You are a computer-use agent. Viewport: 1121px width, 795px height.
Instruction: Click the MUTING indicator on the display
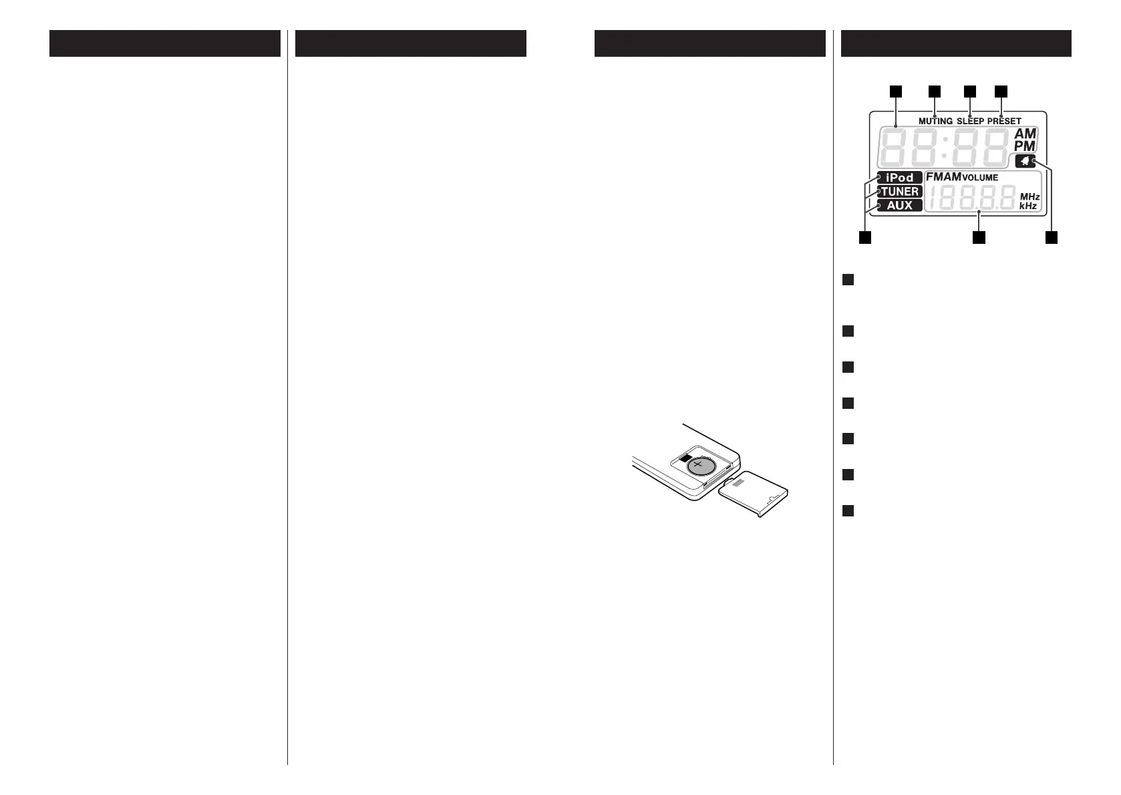(935, 122)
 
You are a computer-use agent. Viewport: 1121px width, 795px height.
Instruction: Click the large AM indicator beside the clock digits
(1025, 134)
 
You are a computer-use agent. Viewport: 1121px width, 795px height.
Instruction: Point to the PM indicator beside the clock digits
(1025, 146)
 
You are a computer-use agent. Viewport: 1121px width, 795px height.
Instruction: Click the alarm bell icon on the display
(1025, 161)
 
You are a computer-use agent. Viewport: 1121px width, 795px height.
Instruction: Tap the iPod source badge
(899, 178)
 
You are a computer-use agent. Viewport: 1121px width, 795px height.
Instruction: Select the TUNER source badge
(899, 192)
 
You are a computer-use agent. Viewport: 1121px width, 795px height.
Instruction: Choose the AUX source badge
(899, 206)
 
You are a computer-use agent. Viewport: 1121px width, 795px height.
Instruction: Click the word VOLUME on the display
(980, 178)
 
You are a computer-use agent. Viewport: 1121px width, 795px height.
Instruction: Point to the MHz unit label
(1029, 197)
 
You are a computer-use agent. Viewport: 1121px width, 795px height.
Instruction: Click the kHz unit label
(1028, 207)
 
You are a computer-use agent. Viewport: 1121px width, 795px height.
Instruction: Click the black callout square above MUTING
(934, 91)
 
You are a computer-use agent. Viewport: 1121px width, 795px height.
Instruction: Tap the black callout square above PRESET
(1001, 91)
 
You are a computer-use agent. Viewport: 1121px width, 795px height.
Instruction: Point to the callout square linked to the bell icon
(1052, 237)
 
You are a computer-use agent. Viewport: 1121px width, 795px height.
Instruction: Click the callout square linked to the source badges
(865, 237)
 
